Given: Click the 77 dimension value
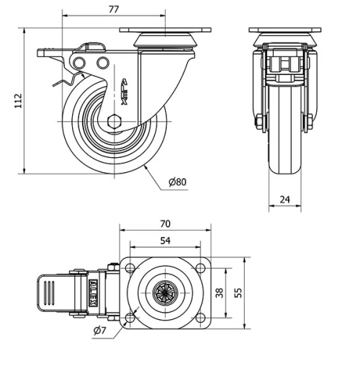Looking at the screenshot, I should [x=113, y=9].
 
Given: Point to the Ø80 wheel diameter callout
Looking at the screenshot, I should [x=177, y=182].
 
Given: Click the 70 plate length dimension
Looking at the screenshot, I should [x=166, y=224].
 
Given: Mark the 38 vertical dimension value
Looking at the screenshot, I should [x=220, y=293].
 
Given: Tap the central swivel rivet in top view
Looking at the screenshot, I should [x=165, y=293].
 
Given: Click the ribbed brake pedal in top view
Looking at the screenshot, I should [x=51, y=293].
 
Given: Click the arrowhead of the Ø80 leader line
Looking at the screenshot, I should [x=147, y=166].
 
